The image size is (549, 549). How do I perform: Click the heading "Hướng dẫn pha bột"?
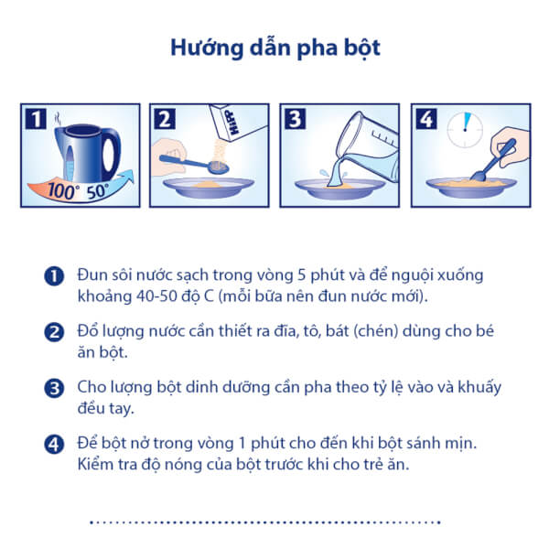(274, 48)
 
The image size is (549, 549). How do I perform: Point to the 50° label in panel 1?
(98, 193)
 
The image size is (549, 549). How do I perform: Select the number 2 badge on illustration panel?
(166, 118)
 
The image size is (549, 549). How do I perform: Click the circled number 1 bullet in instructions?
(52, 276)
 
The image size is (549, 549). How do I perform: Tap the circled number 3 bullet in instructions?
(52, 388)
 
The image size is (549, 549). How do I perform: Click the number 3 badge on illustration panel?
(296, 118)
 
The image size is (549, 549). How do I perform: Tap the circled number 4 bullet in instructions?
(52, 445)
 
